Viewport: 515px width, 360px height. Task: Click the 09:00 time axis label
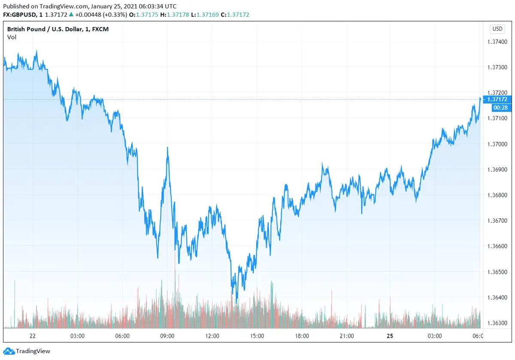click(167, 336)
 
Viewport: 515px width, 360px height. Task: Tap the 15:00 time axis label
click(257, 336)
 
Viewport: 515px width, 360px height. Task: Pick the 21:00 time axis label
click(346, 336)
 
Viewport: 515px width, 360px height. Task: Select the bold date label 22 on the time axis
click(32, 336)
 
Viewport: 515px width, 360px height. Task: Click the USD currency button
click(497, 29)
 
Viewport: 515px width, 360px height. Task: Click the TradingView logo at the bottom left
click(27, 351)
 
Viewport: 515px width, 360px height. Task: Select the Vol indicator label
click(12, 37)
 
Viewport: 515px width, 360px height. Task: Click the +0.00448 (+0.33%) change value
click(102, 15)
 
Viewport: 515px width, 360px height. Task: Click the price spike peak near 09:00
click(167, 148)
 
